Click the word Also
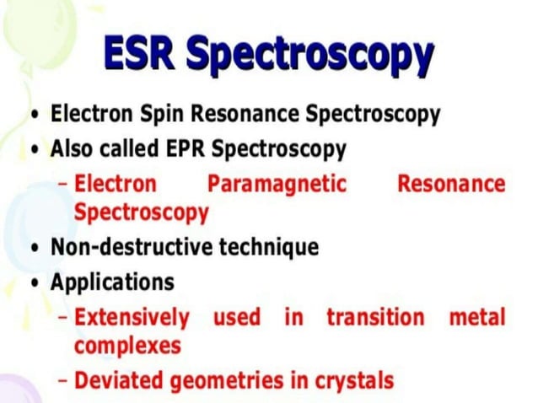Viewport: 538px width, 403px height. click(x=72, y=149)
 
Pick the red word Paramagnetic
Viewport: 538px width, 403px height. click(x=277, y=184)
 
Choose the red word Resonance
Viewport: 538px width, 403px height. click(x=451, y=184)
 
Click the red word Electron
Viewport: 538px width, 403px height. click(x=116, y=184)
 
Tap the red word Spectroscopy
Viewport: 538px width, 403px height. click(x=141, y=212)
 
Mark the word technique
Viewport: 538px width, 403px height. click(x=269, y=247)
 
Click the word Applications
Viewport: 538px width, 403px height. click(x=112, y=282)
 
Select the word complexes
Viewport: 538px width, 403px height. click(x=127, y=346)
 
